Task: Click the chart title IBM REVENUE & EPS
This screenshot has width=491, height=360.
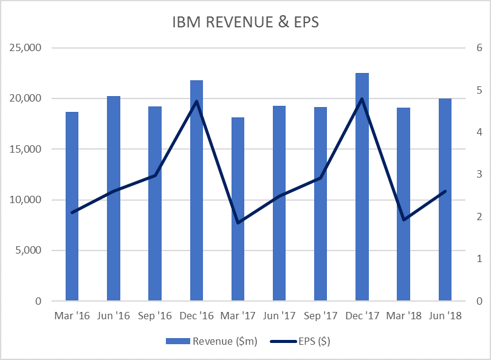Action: [x=245, y=22]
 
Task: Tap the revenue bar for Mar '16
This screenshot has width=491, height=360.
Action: [x=72, y=207]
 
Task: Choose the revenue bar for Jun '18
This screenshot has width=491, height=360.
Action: [x=445, y=201]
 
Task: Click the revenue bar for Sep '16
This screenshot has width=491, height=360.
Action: [x=155, y=204]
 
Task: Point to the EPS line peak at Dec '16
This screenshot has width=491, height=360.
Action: [x=196, y=101]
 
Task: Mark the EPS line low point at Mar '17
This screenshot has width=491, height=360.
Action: [x=238, y=223]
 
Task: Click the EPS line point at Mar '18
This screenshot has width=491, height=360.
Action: [x=403, y=220]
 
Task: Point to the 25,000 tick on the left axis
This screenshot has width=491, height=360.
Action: [x=26, y=48]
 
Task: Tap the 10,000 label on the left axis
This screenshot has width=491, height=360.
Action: [x=26, y=200]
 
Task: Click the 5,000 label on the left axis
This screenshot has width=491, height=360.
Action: [x=28, y=251]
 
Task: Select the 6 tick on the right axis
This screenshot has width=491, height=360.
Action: [x=479, y=48]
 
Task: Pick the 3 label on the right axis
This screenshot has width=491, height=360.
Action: [x=479, y=175]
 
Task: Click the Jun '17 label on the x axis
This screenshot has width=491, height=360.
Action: [x=279, y=316]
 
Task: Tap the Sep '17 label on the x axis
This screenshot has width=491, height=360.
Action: [x=320, y=316]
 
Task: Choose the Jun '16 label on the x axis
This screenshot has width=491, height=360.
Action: [x=114, y=316]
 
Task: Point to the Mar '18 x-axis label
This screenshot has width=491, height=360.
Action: [x=403, y=316]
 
